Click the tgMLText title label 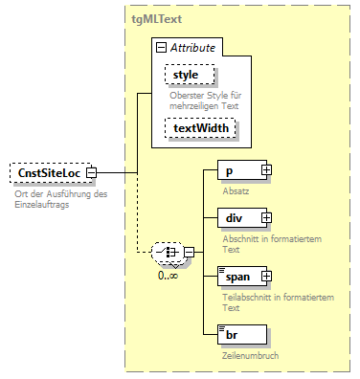point(156,19)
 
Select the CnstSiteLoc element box point(48,173)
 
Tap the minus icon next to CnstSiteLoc point(91,173)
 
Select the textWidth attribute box point(199,125)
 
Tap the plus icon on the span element point(265,277)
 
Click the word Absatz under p point(233,191)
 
